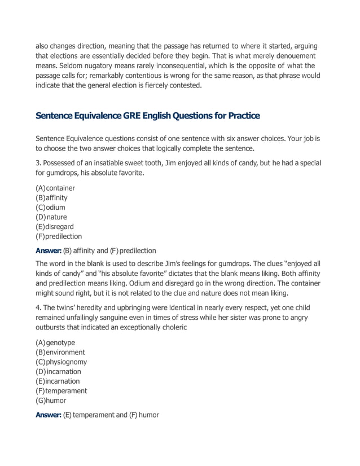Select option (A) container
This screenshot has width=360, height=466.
[x=55, y=188]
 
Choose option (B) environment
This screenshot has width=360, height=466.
[x=60, y=352]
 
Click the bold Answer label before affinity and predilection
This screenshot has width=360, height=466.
[x=48, y=250]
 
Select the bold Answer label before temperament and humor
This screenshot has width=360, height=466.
[x=48, y=415]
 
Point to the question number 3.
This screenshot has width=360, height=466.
[x=38, y=163]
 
